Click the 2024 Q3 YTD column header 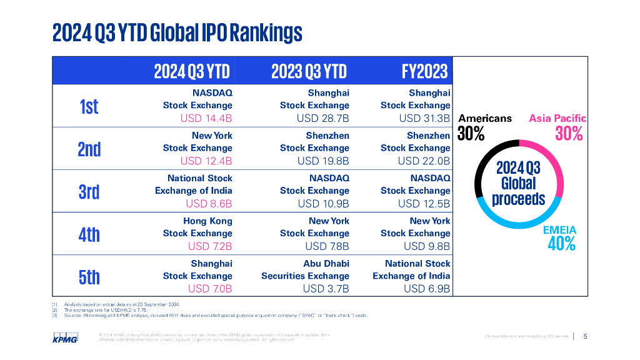click(192, 71)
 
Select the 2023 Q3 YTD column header click(309, 71)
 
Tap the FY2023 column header click(425, 71)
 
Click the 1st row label click(89, 106)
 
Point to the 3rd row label click(89, 191)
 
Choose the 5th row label click(89, 276)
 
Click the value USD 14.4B click(206, 118)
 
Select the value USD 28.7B click(323, 118)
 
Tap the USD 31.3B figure click(424, 118)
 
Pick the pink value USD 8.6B click(209, 203)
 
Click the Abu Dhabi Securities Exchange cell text click(305, 270)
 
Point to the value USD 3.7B click(326, 288)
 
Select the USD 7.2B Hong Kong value click(210, 246)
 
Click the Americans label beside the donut click(485, 118)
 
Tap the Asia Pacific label click(557, 118)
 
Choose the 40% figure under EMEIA click(561, 244)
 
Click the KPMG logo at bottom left click(65, 338)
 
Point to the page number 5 click(585, 336)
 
